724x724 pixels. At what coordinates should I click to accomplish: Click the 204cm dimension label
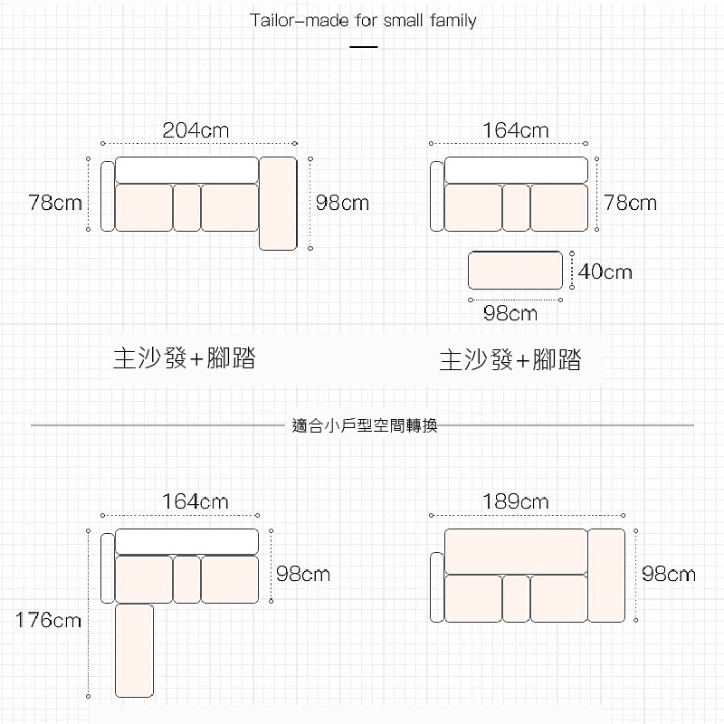click(195, 130)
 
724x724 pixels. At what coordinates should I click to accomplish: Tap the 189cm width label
click(515, 501)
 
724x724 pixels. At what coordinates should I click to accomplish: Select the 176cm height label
click(48, 621)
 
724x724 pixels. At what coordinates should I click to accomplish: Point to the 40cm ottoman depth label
click(605, 271)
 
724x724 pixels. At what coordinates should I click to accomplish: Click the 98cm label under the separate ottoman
click(510, 314)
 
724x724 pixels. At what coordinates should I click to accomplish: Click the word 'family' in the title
click(452, 20)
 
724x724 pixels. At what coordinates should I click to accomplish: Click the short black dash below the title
click(363, 46)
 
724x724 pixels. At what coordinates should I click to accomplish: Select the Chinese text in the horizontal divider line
click(365, 425)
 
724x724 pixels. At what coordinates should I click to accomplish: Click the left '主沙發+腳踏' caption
click(184, 357)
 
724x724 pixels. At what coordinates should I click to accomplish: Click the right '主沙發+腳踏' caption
click(510, 361)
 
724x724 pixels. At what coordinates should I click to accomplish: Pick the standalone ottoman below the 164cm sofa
click(515, 271)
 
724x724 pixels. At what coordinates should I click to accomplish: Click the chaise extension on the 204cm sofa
click(278, 203)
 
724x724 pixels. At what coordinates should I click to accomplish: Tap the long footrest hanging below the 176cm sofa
click(134, 650)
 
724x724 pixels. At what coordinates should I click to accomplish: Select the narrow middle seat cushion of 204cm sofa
click(186, 207)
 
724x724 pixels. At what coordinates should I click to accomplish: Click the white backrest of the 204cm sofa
click(186, 169)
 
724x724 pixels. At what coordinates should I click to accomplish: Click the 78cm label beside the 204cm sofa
click(55, 203)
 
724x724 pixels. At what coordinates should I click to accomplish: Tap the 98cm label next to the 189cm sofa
click(669, 574)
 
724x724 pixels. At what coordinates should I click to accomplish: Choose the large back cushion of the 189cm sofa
click(515, 550)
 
